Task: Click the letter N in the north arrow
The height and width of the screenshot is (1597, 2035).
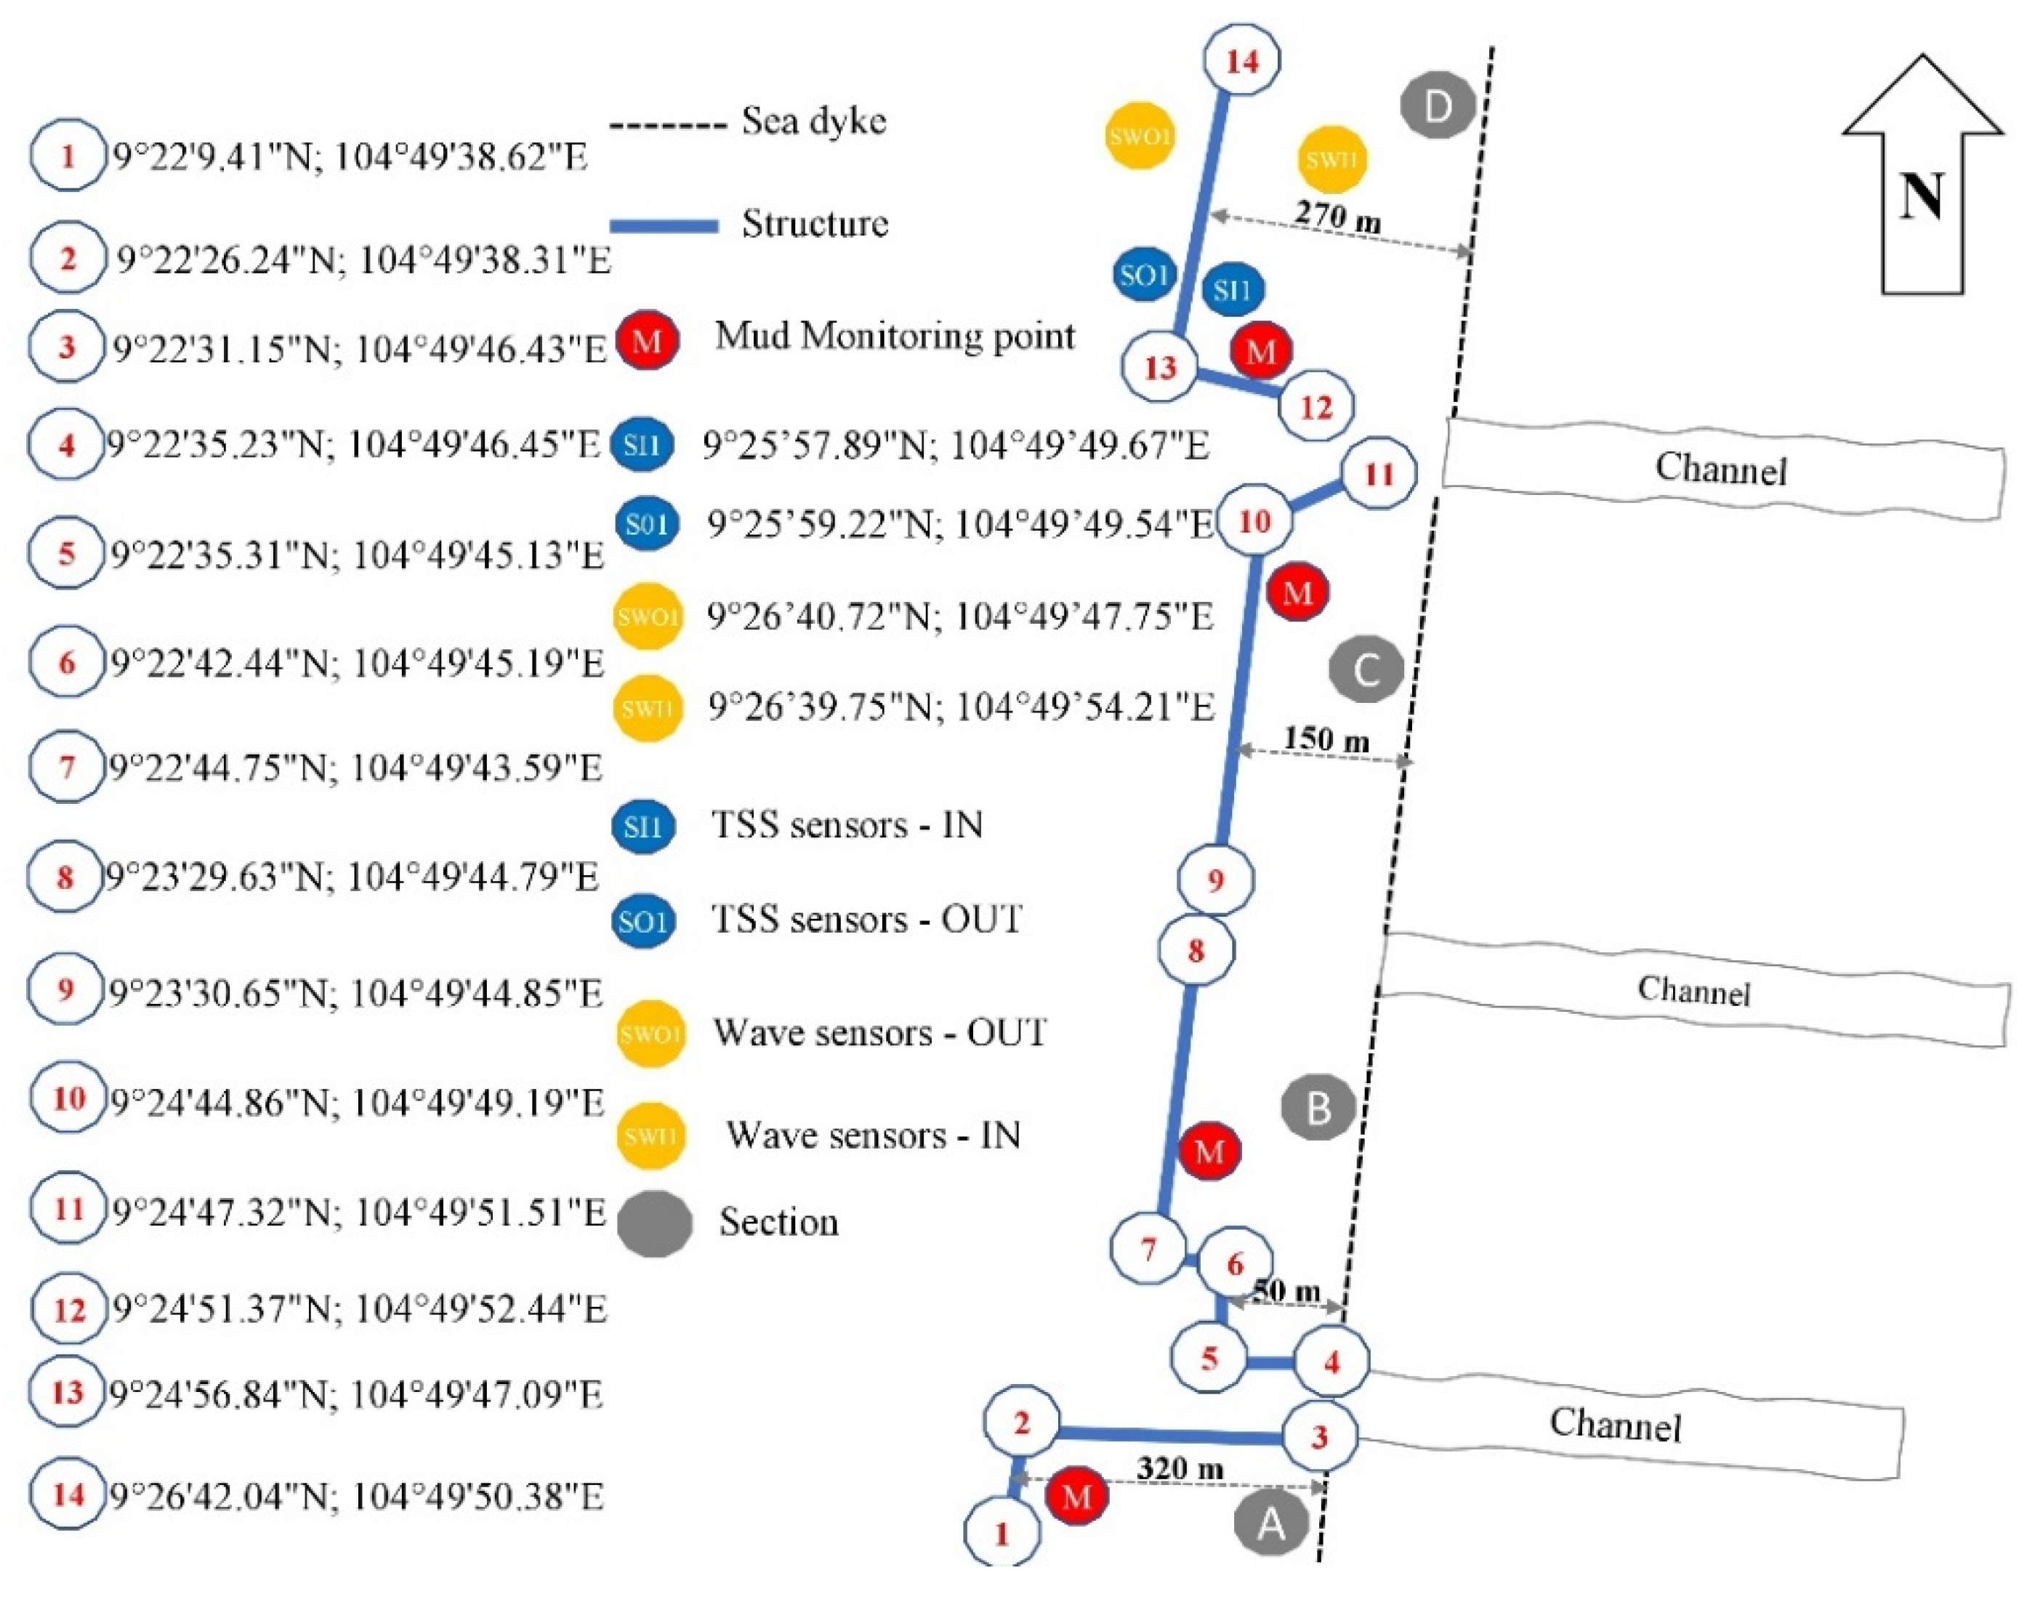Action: pyautogui.click(x=1921, y=196)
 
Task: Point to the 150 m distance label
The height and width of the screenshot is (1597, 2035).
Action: pyautogui.click(x=1326, y=739)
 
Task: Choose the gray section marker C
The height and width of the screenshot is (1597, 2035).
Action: pyautogui.click(x=1366, y=669)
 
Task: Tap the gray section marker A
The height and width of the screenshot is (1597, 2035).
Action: pyautogui.click(x=1270, y=1525)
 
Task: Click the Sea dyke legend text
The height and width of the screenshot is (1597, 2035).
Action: pyautogui.click(x=813, y=121)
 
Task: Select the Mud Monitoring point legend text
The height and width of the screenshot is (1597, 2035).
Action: pyautogui.click(x=895, y=336)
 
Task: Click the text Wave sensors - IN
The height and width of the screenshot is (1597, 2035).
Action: pyautogui.click(x=873, y=1135)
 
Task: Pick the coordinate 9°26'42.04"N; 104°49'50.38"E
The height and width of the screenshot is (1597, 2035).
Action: pyautogui.click(x=357, y=1497)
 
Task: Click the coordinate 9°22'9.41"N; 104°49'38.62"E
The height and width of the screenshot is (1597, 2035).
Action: pyautogui.click(x=350, y=157)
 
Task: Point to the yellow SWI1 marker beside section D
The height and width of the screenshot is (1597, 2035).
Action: pyautogui.click(x=1331, y=159)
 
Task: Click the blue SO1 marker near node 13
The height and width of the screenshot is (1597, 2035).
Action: pyautogui.click(x=1144, y=275)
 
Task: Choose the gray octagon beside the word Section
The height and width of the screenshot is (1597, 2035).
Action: pyautogui.click(x=654, y=1223)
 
